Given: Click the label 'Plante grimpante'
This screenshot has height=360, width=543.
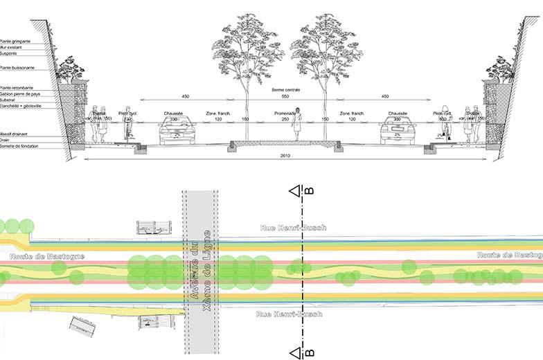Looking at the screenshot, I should (x=15, y=42).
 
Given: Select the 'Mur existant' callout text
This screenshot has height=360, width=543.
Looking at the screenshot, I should (x=12, y=47).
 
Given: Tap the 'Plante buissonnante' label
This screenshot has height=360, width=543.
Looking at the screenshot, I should (x=17, y=68).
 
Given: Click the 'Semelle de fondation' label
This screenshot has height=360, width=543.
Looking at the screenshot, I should (x=17, y=146).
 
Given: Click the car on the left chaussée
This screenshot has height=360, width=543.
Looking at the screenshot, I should (x=178, y=131).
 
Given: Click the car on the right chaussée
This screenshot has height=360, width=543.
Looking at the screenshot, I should (x=397, y=131).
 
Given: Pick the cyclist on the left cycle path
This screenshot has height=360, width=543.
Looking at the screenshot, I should (x=127, y=127).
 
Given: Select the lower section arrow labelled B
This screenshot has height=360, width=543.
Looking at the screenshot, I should (x=295, y=352).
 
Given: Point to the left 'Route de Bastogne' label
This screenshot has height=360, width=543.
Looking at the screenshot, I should (x=47, y=256).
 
